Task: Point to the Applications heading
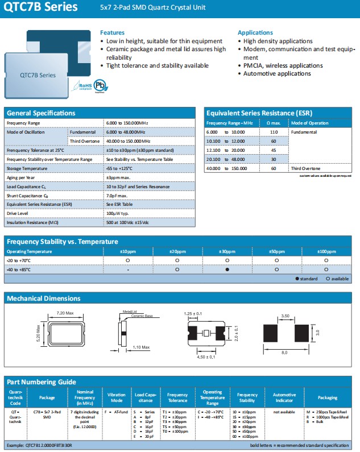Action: [255, 32]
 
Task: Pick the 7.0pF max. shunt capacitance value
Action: [117, 195]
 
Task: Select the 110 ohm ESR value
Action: [273, 132]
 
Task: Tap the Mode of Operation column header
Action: [309, 123]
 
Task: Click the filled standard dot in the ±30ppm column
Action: [227, 269]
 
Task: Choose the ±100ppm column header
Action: [326, 251]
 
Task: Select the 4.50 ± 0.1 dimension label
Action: [205, 356]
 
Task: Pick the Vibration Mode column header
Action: [116, 397]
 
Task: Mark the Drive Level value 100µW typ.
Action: [118, 213]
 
